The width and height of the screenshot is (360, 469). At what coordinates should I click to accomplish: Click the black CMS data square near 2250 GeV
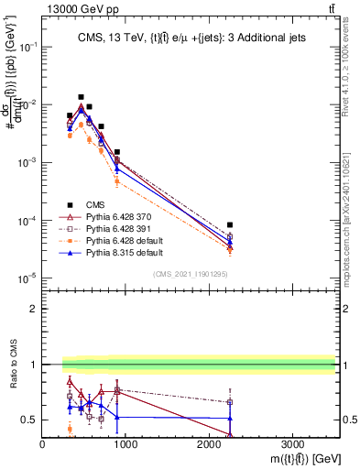(x=230, y=224)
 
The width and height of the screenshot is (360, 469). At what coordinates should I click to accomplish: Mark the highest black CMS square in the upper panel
(x=81, y=96)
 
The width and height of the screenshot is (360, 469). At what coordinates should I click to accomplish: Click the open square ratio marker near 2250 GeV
(x=230, y=402)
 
